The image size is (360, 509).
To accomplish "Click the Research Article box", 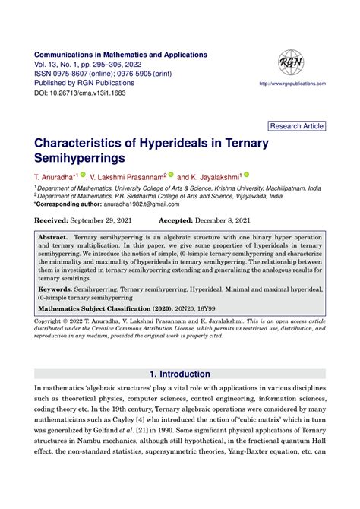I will pos(297,125).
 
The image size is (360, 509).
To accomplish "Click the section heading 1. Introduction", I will pos(180,374).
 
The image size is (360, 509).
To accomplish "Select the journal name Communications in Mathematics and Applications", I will pos(121,55).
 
